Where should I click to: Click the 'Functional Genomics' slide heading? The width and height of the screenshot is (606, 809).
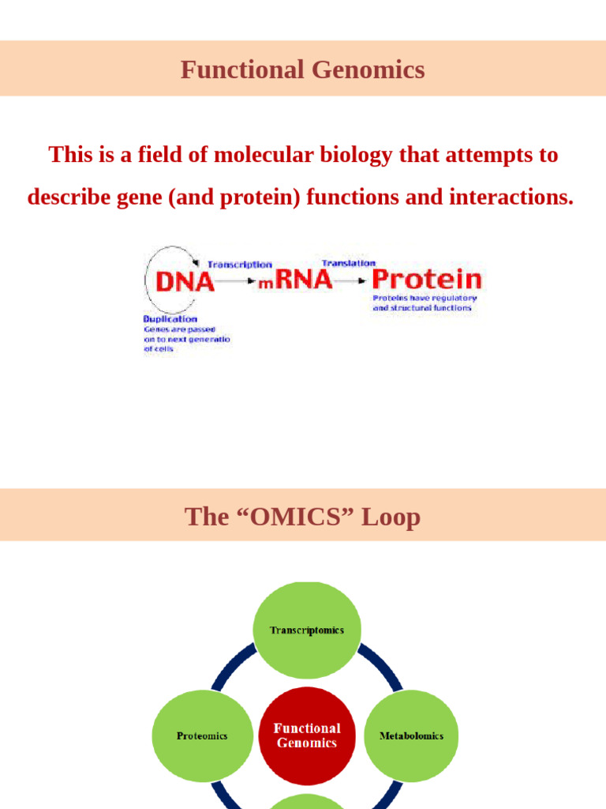pos(302,70)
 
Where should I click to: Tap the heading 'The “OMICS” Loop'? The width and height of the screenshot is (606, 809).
pos(302,517)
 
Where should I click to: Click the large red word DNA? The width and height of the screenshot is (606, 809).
pos(185,281)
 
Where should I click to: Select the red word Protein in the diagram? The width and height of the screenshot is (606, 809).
pos(426,279)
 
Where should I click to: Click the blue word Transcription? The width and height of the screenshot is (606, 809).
pos(239,265)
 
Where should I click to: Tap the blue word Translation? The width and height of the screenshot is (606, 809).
pos(348,262)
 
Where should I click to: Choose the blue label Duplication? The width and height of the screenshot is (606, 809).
pos(170,318)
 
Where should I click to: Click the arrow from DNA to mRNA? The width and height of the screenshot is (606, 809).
pos(234,281)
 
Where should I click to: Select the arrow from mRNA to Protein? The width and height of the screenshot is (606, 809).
pos(350,280)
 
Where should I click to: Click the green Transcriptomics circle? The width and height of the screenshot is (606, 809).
pos(306,630)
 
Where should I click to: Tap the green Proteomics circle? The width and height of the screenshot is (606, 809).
pos(202,736)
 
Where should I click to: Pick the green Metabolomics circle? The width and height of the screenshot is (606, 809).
pos(411,736)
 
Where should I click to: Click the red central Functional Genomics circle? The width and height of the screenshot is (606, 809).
pos(307,735)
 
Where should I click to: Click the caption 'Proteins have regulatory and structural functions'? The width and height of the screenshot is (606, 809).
pos(425,303)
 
